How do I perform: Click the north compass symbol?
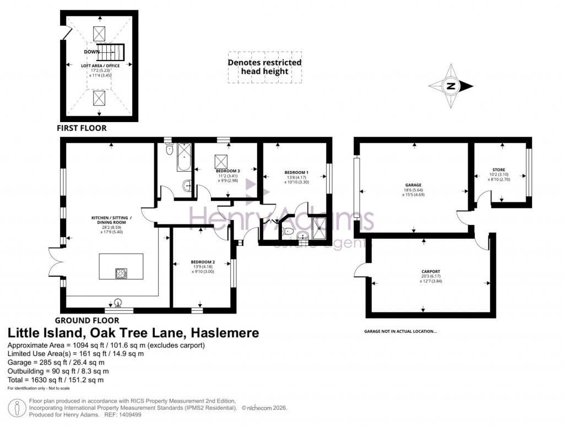pyautogui.click(x=451, y=86)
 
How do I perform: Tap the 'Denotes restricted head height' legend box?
pyautogui.click(x=265, y=67)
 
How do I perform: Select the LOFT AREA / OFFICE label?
pyautogui.click(x=100, y=65)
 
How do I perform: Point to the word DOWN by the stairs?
pyautogui.click(x=91, y=52)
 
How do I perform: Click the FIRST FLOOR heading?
pyautogui.click(x=82, y=128)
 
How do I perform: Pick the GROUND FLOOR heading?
pyautogui.click(x=86, y=320)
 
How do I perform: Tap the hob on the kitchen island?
pyautogui.click(x=121, y=273)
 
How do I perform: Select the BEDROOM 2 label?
pyautogui.click(x=203, y=262)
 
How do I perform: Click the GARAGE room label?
pyautogui.click(x=413, y=185)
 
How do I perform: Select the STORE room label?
pyautogui.click(x=499, y=169)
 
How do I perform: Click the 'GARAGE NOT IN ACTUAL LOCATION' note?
pyautogui.click(x=400, y=331)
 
